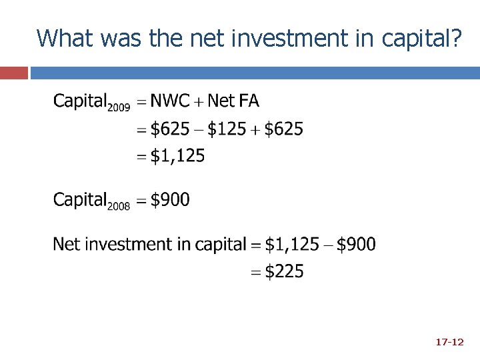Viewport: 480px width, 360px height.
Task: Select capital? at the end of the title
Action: click(x=421, y=39)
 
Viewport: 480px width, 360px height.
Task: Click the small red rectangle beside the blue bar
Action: click(x=14, y=72)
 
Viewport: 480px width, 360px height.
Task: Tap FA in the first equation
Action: click(x=249, y=101)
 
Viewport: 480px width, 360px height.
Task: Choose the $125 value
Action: click(x=227, y=129)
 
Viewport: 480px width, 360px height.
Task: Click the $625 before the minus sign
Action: click(x=170, y=129)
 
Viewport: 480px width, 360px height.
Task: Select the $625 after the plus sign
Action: click(x=283, y=129)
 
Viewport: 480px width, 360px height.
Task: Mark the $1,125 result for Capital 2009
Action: click(x=177, y=157)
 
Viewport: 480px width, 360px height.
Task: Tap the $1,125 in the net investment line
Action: click(x=292, y=245)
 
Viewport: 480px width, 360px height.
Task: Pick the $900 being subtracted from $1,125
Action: click(x=356, y=245)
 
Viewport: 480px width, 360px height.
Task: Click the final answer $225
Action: click(x=284, y=272)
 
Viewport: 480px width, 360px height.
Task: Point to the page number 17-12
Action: click(x=449, y=342)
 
